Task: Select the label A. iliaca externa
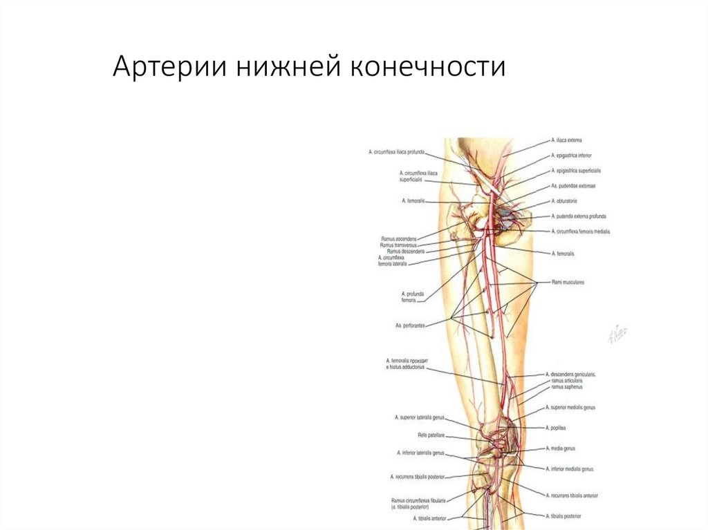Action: point(566,140)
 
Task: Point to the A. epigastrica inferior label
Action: point(571,155)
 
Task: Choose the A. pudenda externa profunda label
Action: point(579,216)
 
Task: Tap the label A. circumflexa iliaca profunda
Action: point(396,151)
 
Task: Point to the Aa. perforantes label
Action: point(410,323)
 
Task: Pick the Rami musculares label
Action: point(568,283)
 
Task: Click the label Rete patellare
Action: point(431,435)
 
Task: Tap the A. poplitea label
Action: point(557,428)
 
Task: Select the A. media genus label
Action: point(561,448)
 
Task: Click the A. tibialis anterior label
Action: point(429,518)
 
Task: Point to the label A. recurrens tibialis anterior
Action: point(573,496)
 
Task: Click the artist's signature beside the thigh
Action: point(617,334)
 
